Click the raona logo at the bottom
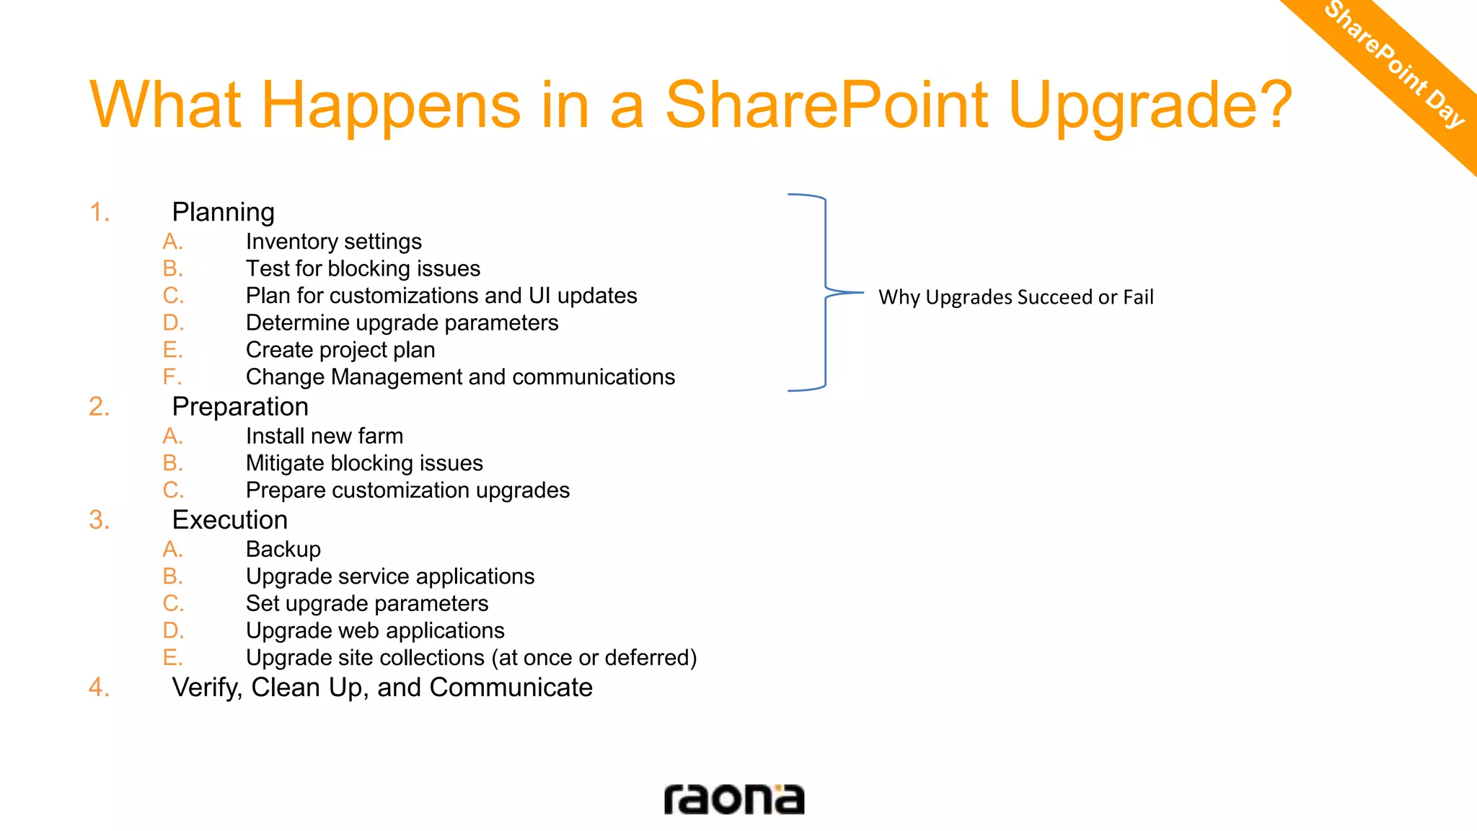[733, 799]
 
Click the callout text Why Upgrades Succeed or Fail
[1015, 297]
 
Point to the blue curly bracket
[825, 292]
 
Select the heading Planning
[223, 212]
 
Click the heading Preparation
[240, 407]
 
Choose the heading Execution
[230, 520]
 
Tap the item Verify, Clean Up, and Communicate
[382, 687]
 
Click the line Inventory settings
[333, 242]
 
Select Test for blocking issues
[363, 268]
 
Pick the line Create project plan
[340, 350]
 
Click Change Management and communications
[460, 377]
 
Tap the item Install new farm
[325, 436]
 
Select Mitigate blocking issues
[364, 463]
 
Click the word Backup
[283, 549]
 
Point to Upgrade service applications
[390, 576]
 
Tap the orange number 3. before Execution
[100, 520]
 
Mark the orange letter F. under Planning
[172, 377]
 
